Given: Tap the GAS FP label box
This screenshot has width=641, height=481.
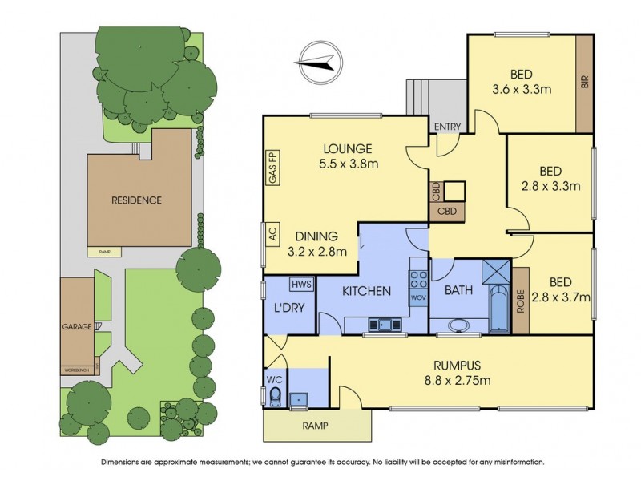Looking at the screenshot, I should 272,169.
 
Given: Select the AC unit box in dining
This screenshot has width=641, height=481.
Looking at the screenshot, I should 272,236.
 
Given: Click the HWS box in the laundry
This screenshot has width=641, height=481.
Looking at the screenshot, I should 301,284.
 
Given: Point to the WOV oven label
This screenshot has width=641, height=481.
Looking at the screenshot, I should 417,298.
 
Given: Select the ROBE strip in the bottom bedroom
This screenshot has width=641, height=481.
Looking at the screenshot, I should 519,298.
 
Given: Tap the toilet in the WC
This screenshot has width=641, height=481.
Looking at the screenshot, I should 275,397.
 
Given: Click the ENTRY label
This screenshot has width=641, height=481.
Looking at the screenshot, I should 446,127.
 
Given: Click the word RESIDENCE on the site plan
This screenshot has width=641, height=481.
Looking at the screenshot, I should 136,200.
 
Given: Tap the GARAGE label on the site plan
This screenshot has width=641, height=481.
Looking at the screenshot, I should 77,328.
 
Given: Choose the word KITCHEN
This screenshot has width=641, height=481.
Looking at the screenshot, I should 368,290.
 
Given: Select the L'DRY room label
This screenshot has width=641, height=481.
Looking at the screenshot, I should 288,308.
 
